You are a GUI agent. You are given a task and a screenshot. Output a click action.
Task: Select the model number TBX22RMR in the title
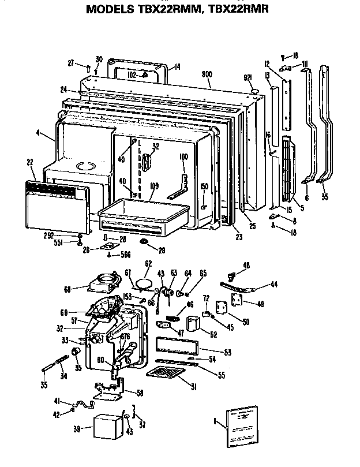(237, 9)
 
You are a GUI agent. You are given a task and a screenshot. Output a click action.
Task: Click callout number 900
(207, 74)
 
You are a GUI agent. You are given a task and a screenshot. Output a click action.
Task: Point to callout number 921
(247, 78)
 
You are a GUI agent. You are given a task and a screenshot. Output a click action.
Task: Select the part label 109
(138, 186)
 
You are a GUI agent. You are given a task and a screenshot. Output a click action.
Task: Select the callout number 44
(273, 284)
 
